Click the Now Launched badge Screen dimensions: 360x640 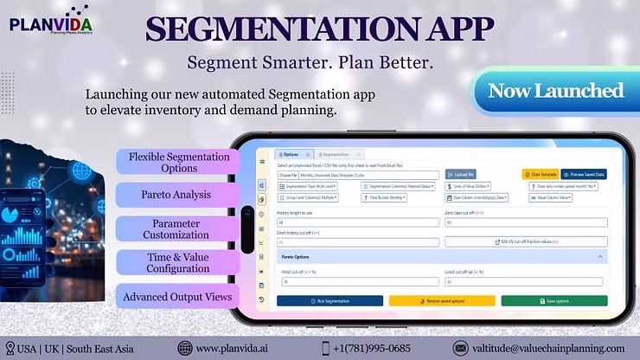pos(555,91)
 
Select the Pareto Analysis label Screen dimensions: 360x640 pos(176,195)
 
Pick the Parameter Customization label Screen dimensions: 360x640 pos(176,228)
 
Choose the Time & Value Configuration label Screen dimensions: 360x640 pos(176,262)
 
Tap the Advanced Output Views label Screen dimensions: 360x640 pos(176,297)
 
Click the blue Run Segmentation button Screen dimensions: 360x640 pos(330,301)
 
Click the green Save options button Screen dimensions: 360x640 pos(554,301)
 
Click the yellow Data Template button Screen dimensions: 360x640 pos(541,174)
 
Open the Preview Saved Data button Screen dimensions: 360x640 pos(584,174)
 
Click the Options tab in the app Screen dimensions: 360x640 pos(289,154)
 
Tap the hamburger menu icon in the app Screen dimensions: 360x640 pos(262,162)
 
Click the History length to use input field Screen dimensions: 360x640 pos(357,222)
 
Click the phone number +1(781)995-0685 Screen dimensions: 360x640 pos(372,348)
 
